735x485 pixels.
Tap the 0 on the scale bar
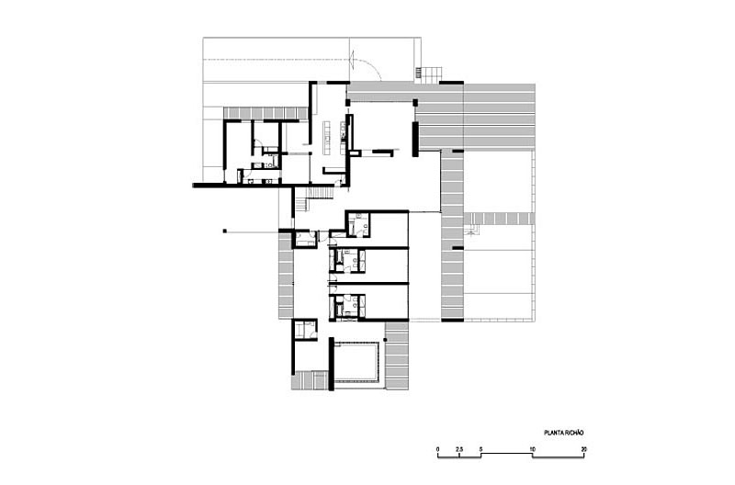pyautogui.click(x=438, y=447)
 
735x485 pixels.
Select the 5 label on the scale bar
pyautogui.click(x=480, y=447)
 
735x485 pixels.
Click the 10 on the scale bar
pyautogui.click(x=532, y=447)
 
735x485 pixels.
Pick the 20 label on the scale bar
pyautogui.click(x=583, y=447)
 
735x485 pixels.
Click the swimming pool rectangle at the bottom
pyautogui.click(x=356, y=364)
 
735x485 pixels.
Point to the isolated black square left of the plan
pyautogui.click(x=223, y=231)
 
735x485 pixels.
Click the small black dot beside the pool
pyautogui.click(x=386, y=340)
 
